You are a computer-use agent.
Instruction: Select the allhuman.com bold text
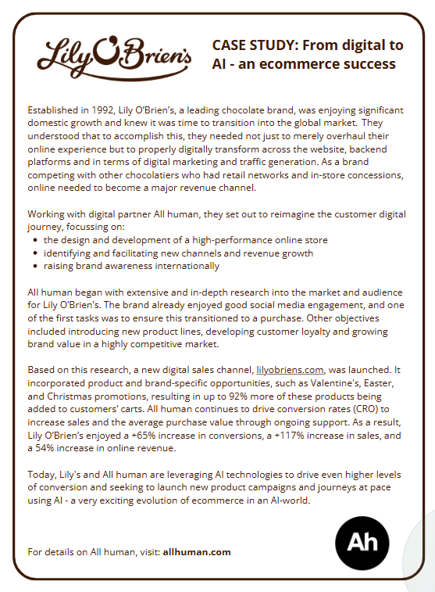click(x=197, y=551)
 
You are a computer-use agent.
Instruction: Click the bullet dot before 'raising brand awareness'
click(x=37, y=265)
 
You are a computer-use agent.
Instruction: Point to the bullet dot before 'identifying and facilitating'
click(x=37, y=253)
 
